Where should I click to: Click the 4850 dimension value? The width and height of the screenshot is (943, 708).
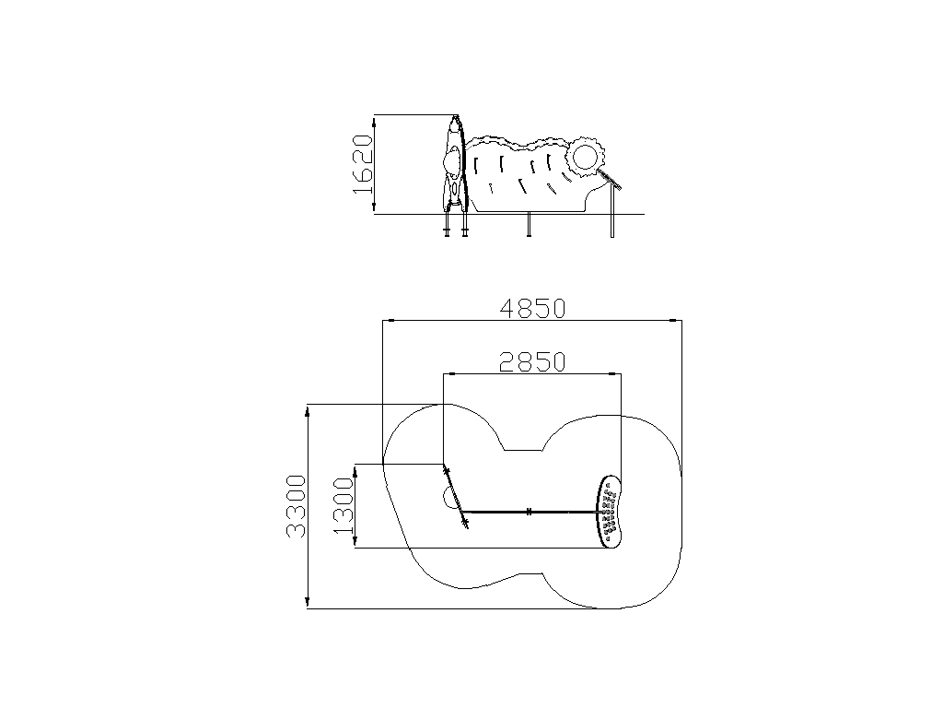533,309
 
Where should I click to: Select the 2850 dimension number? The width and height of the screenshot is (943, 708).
533,362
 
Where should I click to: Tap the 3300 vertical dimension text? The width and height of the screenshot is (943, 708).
296,506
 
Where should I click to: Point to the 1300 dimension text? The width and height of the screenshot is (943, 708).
343,506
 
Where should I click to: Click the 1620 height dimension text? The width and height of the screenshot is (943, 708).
363,164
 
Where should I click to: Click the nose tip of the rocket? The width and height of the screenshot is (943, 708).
456,115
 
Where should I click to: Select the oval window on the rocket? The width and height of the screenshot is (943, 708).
452,162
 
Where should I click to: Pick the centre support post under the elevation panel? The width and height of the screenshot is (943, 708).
529,225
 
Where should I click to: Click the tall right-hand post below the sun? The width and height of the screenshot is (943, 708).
612,211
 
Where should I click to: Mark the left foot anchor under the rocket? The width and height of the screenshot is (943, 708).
447,224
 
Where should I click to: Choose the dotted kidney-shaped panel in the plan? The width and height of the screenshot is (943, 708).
610,512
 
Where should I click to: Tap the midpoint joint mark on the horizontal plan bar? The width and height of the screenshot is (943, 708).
529,512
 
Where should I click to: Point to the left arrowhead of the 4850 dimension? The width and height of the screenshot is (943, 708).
389,321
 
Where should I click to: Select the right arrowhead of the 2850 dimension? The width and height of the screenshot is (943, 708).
616,374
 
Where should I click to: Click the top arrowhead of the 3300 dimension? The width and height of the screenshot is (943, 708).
308,410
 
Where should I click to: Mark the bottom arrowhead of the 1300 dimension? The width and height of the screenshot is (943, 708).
355,542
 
